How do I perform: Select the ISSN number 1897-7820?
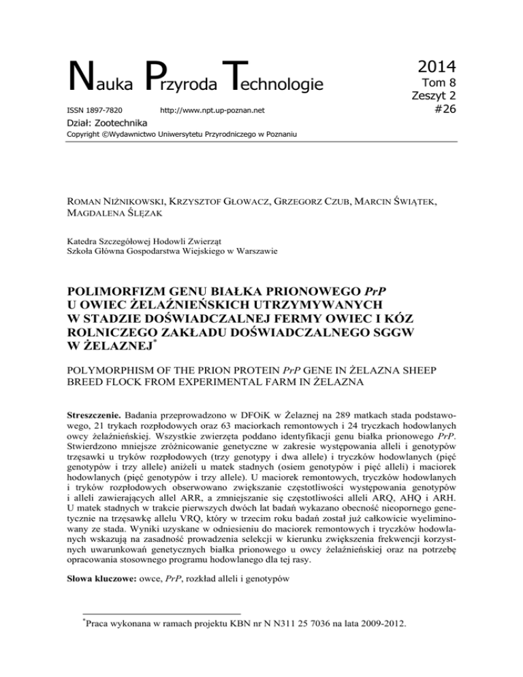coord(89,110)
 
